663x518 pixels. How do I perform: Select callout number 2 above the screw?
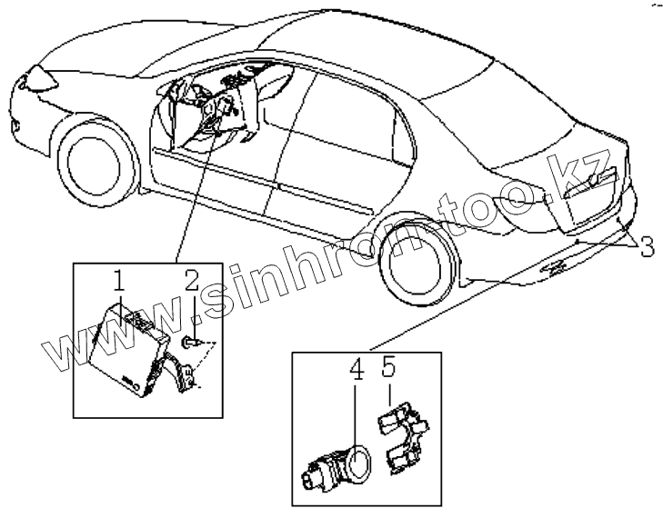click(x=192, y=280)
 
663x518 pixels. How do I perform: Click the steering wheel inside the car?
click(x=208, y=110)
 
